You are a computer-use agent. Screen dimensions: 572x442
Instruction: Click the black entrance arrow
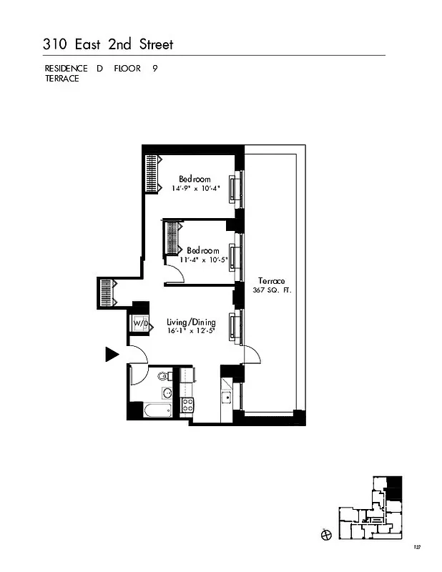pyautogui.click(x=112, y=354)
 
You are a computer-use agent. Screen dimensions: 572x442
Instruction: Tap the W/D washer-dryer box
pyautogui.click(x=140, y=324)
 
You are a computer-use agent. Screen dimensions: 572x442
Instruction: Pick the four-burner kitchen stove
pyautogui.click(x=187, y=404)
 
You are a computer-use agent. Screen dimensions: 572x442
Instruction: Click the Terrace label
pyautogui.click(x=272, y=281)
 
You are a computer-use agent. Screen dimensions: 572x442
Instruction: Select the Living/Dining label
pyautogui.click(x=190, y=322)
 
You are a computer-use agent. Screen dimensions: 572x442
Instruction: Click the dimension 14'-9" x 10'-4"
pyautogui.click(x=195, y=188)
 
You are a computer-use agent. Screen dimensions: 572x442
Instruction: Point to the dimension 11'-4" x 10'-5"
pyautogui.click(x=203, y=260)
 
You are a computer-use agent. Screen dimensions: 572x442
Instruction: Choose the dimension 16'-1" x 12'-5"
pyautogui.click(x=190, y=332)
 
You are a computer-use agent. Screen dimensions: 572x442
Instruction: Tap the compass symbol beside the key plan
pyautogui.click(x=326, y=534)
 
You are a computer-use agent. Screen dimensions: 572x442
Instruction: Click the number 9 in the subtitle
pyautogui.click(x=155, y=69)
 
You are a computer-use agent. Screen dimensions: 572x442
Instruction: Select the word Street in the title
pyautogui.click(x=152, y=45)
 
